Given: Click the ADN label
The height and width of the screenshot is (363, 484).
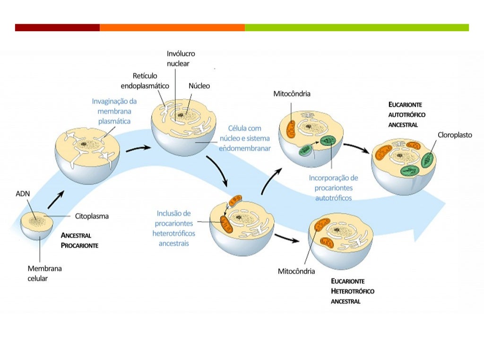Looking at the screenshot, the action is pos(23,193).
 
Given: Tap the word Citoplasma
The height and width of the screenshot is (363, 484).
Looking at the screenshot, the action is pos(92,216).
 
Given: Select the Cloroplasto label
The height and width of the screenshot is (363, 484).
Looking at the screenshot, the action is pos(455,135).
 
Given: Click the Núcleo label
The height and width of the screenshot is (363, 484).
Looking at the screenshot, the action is pos(199,86).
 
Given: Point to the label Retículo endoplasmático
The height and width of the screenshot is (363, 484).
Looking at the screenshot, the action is pos(145,81).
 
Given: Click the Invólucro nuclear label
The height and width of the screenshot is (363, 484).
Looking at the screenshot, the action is pos(181,58).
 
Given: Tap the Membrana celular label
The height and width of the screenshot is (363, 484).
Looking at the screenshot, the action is pos(44,273).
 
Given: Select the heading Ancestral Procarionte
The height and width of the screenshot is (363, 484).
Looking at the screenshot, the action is pos(79,241).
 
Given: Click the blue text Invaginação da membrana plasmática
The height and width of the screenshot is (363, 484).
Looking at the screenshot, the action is pos(114,111).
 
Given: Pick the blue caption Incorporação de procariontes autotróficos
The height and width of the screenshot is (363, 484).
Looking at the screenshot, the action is pos(333,188).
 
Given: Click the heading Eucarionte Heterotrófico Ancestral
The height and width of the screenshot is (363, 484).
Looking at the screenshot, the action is pos(353,291).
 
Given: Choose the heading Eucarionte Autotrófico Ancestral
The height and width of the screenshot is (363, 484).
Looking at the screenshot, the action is pos(407,114).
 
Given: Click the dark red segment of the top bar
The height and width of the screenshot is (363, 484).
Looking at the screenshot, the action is pos(57,27).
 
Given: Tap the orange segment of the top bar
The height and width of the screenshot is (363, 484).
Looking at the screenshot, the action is pos(172,27).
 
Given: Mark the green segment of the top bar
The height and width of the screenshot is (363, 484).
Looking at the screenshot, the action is pos(357,27).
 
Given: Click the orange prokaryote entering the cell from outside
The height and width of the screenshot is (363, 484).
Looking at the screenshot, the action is pos(235,200).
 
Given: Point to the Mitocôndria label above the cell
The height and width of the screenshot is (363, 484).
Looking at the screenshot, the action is pos(292,94).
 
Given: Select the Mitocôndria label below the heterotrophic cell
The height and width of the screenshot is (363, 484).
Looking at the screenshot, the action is pos(296,271).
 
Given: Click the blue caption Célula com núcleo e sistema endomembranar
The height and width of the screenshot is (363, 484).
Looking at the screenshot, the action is pos(245,138).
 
